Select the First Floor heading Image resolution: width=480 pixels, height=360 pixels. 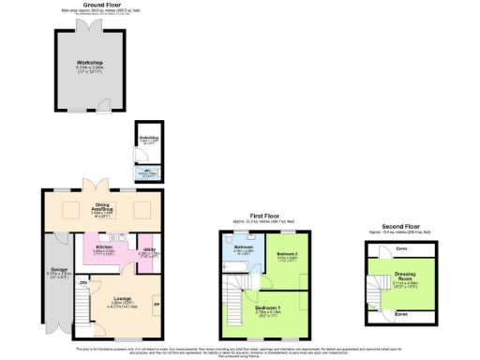(265, 216)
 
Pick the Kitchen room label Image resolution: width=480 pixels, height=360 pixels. (104, 247)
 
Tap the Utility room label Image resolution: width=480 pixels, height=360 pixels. (149, 249)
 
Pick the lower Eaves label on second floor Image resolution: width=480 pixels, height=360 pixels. (400, 315)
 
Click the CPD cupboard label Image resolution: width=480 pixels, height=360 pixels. (83, 281)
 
